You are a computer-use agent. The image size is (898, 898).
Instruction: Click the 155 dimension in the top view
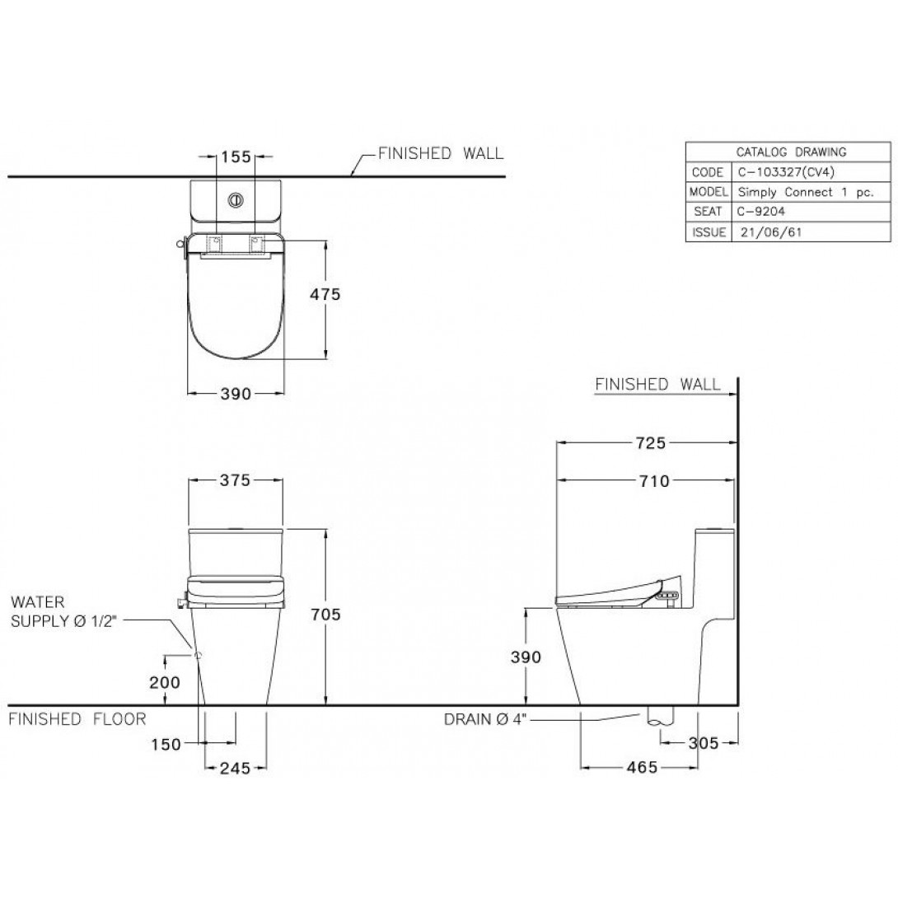coord(236,157)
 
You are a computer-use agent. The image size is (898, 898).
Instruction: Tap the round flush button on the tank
coord(236,200)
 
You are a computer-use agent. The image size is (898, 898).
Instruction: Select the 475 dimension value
coord(325,294)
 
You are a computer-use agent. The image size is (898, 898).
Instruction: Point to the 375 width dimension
coord(236,480)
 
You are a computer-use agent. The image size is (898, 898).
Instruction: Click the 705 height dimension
coord(325,615)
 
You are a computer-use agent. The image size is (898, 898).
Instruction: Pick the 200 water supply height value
coord(165,682)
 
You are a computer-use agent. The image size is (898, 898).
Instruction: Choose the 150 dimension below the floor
coord(166,744)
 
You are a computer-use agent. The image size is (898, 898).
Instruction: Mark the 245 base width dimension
coord(236,768)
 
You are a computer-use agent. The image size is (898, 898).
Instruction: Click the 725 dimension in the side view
coord(651,442)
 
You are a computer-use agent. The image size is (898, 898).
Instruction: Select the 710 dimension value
coord(655,481)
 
